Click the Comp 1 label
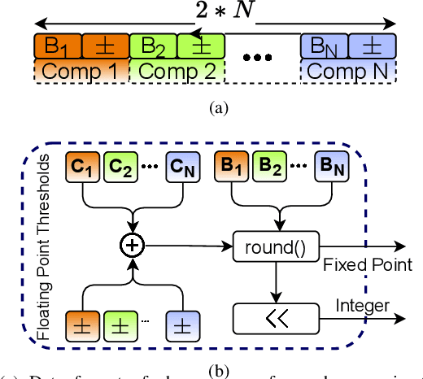[80, 69]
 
